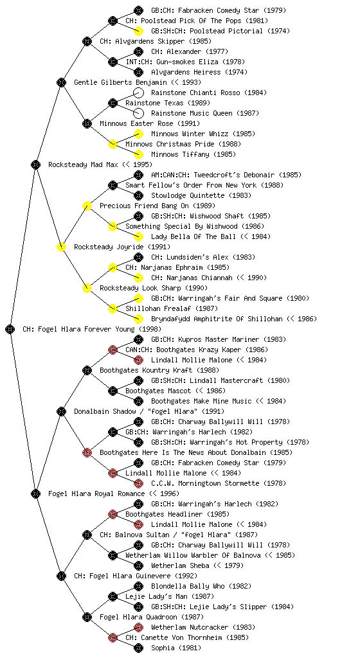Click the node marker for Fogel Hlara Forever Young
coord(10,329)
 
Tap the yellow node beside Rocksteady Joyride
coord(61,247)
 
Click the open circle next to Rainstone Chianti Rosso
coord(138,93)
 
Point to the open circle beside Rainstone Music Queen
coord(138,113)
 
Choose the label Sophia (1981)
coord(176,648)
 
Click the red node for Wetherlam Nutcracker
coord(138,627)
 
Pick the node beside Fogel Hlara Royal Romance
coord(35,493)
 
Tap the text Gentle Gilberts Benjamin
coord(120,82)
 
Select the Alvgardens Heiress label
coord(186,72)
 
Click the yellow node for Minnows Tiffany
coord(138,154)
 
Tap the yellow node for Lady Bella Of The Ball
coord(138,236)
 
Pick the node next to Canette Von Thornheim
coord(113,637)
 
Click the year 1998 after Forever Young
coord(150,329)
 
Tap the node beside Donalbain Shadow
coord(61,411)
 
